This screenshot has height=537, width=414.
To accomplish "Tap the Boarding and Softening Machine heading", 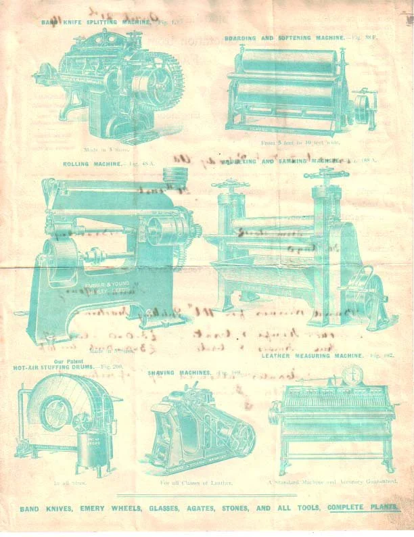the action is click(x=286, y=38).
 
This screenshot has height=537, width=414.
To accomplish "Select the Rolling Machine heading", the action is click(x=93, y=164).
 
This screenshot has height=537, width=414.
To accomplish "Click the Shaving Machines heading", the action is click(x=179, y=372).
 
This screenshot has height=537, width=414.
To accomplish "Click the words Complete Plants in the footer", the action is click(x=363, y=507).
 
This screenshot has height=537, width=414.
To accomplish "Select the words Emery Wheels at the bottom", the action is click(x=97, y=508).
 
